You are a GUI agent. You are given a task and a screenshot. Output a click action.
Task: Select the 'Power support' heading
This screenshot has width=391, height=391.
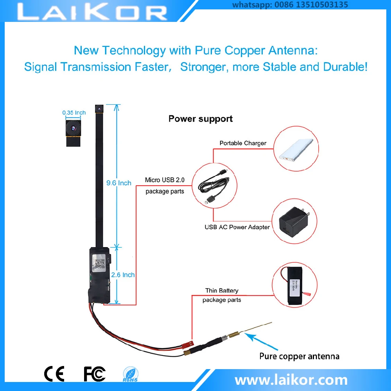[201, 118]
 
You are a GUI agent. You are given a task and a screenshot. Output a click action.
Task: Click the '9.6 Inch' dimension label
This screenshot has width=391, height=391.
[119, 183]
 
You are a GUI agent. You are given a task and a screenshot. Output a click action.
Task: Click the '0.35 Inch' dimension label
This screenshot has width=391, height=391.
[74, 113]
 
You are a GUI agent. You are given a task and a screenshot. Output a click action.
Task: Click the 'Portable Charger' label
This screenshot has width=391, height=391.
[243, 143]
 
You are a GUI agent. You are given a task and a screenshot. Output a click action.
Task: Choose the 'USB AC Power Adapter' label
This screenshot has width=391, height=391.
[237, 227]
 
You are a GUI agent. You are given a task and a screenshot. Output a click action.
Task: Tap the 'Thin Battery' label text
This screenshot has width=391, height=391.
[222, 291]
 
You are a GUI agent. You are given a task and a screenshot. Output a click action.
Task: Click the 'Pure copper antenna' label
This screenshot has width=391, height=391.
[299, 356]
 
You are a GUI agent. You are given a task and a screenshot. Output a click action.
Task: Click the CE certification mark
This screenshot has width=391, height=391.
[54, 374]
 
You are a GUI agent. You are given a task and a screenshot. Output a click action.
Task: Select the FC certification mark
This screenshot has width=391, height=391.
[95, 374]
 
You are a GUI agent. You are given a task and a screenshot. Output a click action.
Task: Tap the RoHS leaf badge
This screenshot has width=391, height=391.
[130, 374]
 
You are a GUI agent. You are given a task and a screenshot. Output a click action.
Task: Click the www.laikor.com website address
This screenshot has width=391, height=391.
[291, 379]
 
